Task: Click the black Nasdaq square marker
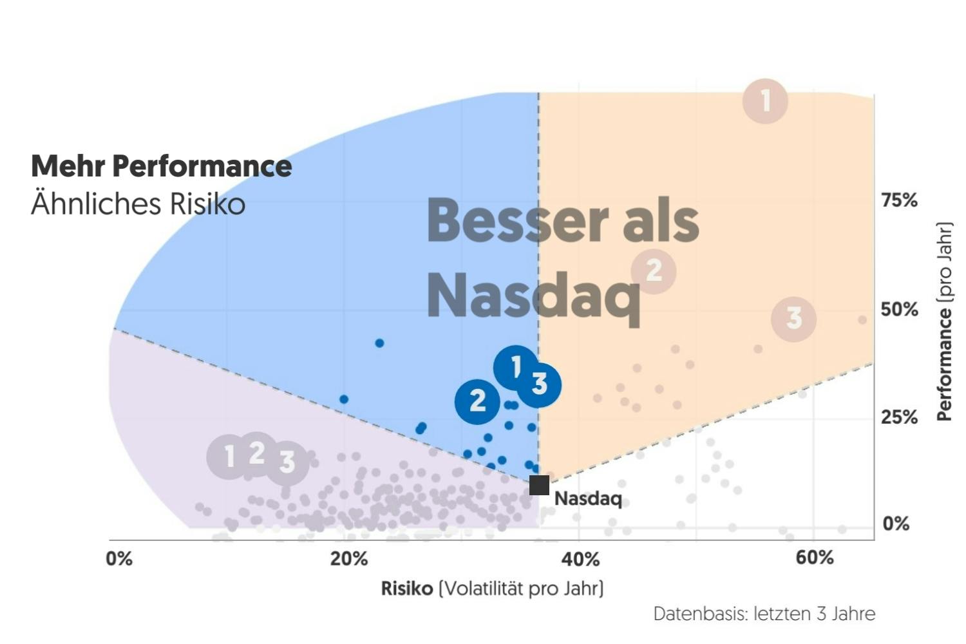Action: pyautogui.click(x=539, y=485)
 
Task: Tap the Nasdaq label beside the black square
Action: pyautogui.click(x=588, y=499)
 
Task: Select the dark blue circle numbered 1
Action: pyautogui.click(x=515, y=367)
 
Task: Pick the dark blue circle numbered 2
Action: pyautogui.click(x=477, y=401)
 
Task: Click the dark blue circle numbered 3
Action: pyautogui.click(x=540, y=384)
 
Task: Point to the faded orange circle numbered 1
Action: pyautogui.click(x=765, y=101)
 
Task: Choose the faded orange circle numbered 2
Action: pyautogui.click(x=653, y=270)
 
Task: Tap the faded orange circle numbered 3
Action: pyautogui.click(x=794, y=318)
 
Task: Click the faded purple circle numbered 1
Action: pyautogui.click(x=229, y=457)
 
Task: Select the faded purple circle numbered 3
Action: pyautogui.click(x=287, y=462)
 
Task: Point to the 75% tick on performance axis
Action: pyautogui.click(x=899, y=201)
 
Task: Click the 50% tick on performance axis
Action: pyautogui.click(x=899, y=310)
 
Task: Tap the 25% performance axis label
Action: pyautogui.click(x=899, y=418)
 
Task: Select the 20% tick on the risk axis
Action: pyautogui.click(x=348, y=558)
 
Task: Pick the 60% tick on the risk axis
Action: pyautogui.click(x=815, y=558)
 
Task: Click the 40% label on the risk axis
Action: pyautogui.click(x=581, y=558)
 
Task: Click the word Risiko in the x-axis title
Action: pyautogui.click(x=407, y=589)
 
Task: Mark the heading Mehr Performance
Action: pyautogui.click(x=162, y=166)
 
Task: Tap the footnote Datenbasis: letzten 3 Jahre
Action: pyautogui.click(x=764, y=614)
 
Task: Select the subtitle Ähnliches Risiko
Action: pyautogui.click(x=138, y=204)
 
